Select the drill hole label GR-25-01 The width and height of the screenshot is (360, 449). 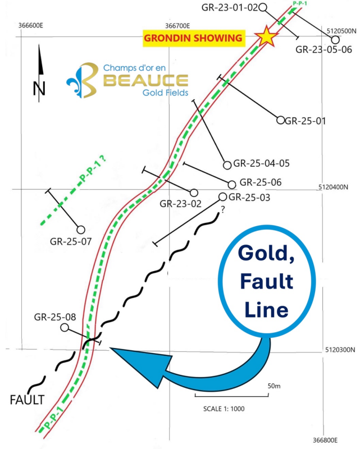click(306, 120)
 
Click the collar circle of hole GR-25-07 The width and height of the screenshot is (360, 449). click(81, 230)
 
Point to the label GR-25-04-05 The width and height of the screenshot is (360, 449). click(261, 164)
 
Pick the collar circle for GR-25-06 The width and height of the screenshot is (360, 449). click(232, 184)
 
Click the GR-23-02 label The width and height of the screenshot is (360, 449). click(180, 204)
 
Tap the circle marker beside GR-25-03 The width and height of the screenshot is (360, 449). click(222, 196)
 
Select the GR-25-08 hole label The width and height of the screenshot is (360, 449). click(55, 316)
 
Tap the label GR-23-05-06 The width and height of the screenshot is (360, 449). click(323, 49)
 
